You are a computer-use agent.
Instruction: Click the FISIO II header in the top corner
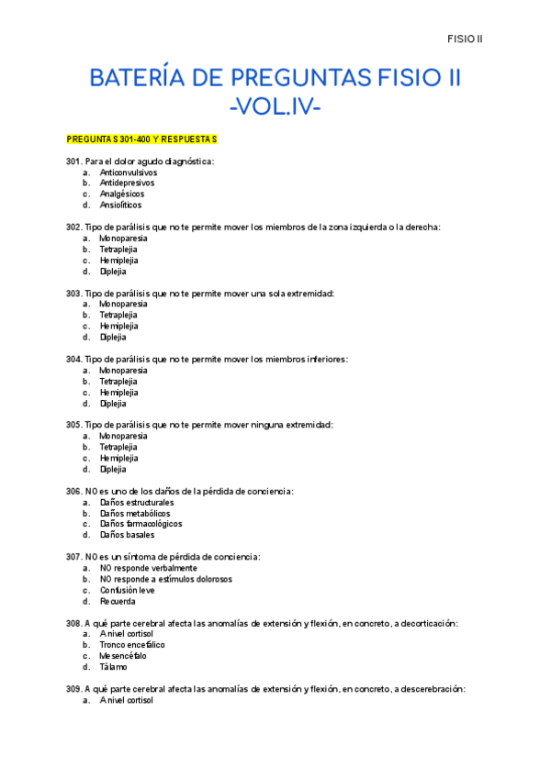coord(466,39)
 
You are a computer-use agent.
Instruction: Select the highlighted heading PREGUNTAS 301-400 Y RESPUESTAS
coord(141,139)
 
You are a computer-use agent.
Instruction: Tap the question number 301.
coord(73,161)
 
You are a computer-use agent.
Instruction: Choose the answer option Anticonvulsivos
coord(129,172)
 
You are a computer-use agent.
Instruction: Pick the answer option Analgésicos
coord(122,194)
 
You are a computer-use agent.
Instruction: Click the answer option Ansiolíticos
coord(121,206)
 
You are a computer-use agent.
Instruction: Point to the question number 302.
coord(73,227)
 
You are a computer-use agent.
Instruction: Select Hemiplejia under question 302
coord(119,261)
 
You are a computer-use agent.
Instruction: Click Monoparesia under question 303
coord(123,304)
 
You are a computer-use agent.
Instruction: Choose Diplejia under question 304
coord(114,404)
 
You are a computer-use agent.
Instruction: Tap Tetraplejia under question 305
coord(119,447)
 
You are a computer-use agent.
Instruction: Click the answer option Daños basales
coord(128,535)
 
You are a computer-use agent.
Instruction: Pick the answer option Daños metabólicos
coord(135,514)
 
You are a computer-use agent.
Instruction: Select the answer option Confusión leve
coord(128,591)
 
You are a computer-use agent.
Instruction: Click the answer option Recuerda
coord(118,602)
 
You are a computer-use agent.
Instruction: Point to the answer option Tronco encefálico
coord(132,645)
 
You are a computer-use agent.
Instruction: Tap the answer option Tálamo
coord(114,667)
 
